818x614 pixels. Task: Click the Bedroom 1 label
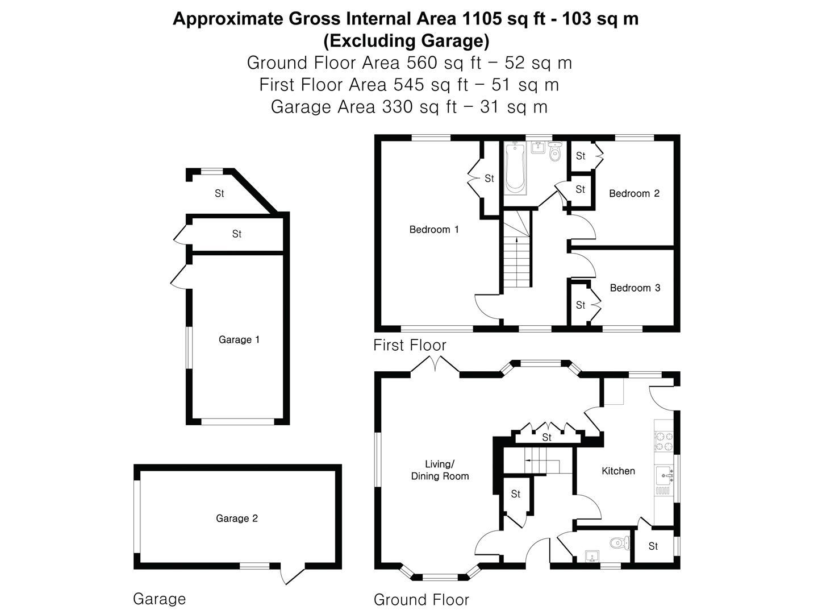pyautogui.click(x=434, y=229)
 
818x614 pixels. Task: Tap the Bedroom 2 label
pyautogui.click(x=634, y=193)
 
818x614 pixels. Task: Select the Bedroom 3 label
pyautogui.click(x=635, y=288)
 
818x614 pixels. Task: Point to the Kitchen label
pyautogui.click(x=618, y=471)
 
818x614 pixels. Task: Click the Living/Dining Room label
pyautogui.click(x=440, y=470)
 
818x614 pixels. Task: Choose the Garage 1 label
pyautogui.click(x=239, y=339)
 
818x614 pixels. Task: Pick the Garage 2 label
pyautogui.click(x=237, y=518)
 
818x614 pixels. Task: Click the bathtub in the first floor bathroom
pyautogui.click(x=515, y=168)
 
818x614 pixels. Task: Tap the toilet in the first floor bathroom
pyautogui.click(x=555, y=151)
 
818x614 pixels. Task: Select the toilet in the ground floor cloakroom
pyautogui.click(x=620, y=543)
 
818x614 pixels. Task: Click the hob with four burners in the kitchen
pyautogui.click(x=664, y=441)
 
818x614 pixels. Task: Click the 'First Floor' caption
pyautogui.click(x=410, y=345)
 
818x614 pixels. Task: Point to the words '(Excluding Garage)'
pyautogui.click(x=406, y=41)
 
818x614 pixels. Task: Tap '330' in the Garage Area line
pyautogui.click(x=398, y=107)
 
